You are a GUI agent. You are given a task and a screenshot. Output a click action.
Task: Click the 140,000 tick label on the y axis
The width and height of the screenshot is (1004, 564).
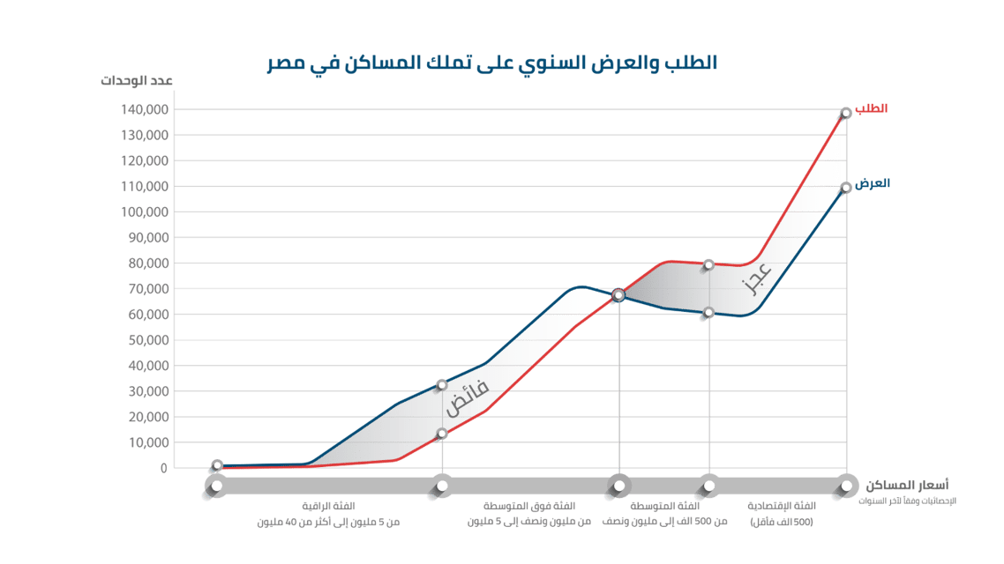[145, 110]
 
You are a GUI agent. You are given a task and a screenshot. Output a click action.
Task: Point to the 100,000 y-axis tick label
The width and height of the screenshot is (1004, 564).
[145, 212]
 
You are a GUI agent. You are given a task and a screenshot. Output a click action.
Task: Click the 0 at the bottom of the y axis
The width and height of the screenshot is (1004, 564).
[164, 468]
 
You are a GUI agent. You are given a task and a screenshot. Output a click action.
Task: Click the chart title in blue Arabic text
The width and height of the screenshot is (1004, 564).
[492, 63]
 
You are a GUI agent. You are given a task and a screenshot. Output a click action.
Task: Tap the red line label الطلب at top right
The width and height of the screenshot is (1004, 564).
[872, 108]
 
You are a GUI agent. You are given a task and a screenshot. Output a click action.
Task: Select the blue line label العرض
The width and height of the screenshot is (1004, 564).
[873, 183]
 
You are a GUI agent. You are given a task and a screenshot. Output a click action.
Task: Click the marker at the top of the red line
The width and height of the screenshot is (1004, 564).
[846, 113]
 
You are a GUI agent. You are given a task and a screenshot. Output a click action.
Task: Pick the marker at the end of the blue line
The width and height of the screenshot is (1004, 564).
[846, 187]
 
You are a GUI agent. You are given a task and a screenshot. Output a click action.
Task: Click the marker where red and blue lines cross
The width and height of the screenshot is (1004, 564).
[618, 295]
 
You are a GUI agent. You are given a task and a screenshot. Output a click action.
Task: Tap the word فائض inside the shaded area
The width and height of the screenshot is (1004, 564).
[466, 397]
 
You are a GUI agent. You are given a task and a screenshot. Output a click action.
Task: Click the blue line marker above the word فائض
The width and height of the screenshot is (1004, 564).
[441, 385]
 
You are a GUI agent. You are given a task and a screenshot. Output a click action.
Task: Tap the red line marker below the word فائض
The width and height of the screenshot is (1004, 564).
[442, 434]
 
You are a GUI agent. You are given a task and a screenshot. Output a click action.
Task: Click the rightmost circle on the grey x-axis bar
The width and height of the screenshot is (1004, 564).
[846, 485]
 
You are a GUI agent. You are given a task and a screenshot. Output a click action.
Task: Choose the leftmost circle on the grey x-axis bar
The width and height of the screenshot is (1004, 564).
[217, 485]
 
